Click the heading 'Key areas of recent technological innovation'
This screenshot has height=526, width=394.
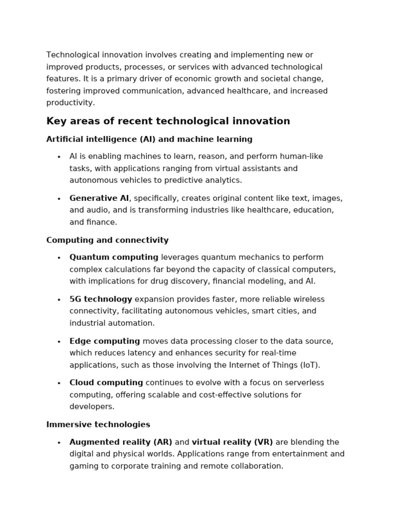pos(168,121)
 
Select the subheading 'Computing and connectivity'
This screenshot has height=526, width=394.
pos(107,240)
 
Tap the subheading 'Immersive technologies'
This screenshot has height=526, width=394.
pos(98,424)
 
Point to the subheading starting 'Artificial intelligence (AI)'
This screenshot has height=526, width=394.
pos(149,139)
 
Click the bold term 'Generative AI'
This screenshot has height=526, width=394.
pos(99,198)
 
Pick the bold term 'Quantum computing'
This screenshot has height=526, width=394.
pos(114,257)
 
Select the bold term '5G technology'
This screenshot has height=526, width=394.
pos(101,299)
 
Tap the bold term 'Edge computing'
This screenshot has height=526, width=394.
pos(105,341)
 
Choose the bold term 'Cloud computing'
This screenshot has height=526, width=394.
pos(106,383)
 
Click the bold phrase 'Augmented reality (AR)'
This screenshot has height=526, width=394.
pos(121,442)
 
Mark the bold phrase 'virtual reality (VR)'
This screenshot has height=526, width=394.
pos(232,442)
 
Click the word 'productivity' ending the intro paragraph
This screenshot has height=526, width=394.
pos(70,103)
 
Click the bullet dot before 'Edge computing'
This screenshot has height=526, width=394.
pos(59,342)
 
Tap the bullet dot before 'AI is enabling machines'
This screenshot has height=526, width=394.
pos(59,157)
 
